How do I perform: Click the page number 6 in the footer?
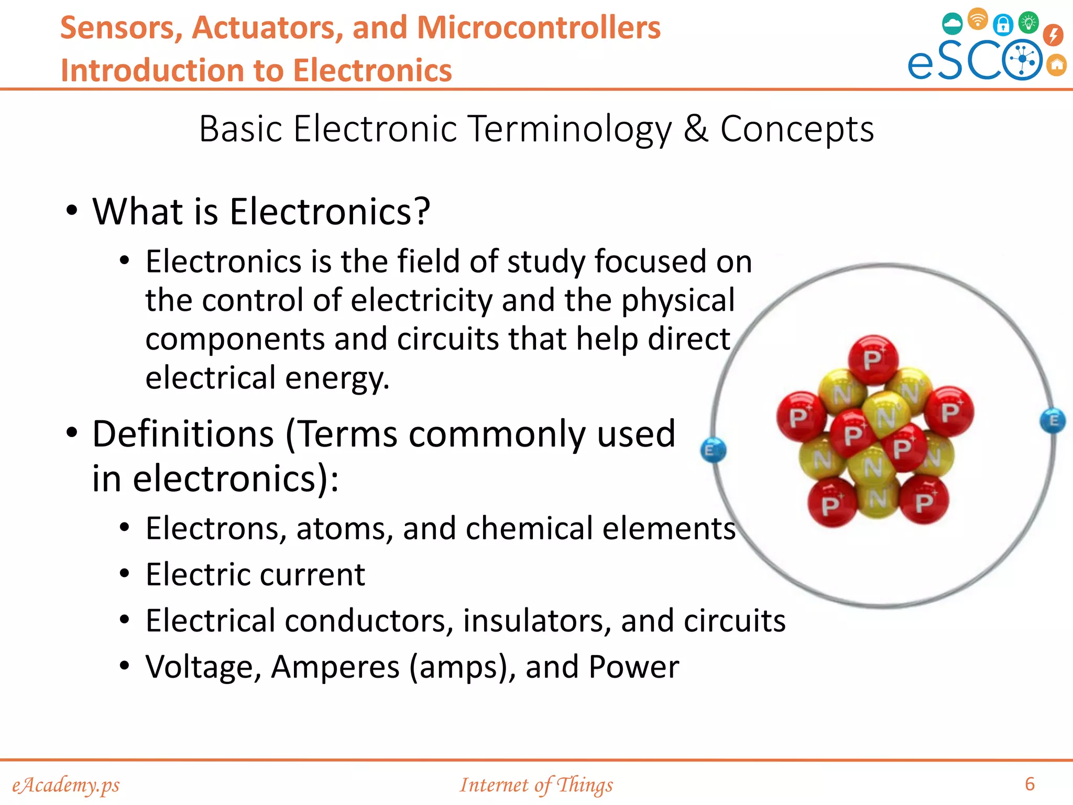click(x=1030, y=784)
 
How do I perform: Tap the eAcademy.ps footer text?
click(x=66, y=785)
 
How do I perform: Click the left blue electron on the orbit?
click(x=713, y=450)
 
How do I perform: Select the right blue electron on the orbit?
click(x=1053, y=421)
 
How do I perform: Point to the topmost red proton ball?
click(x=873, y=360)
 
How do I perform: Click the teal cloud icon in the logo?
click(x=952, y=24)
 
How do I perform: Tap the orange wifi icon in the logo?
click(x=978, y=19)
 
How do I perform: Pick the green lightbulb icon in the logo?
click(x=1028, y=23)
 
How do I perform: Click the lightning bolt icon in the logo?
click(x=1053, y=35)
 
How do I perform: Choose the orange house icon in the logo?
click(x=1057, y=66)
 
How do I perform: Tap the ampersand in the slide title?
click(x=696, y=128)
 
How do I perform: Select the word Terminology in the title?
click(x=570, y=129)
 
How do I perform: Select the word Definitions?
click(x=183, y=434)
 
